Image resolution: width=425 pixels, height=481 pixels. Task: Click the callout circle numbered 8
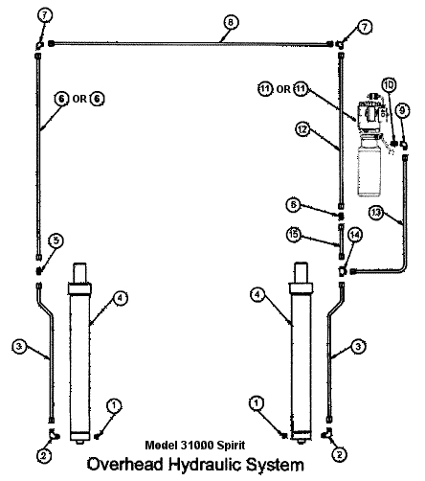[x=229, y=21]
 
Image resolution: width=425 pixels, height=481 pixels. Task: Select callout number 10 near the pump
[x=389, y=85]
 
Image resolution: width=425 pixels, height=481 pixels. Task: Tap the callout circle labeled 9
[x=403, y=111]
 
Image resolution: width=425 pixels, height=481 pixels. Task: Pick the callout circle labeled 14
[x=355, y=234]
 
